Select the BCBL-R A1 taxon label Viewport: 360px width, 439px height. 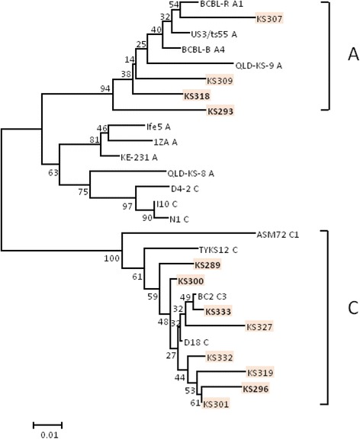point(221,5)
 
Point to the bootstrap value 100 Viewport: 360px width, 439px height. point(111,260)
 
